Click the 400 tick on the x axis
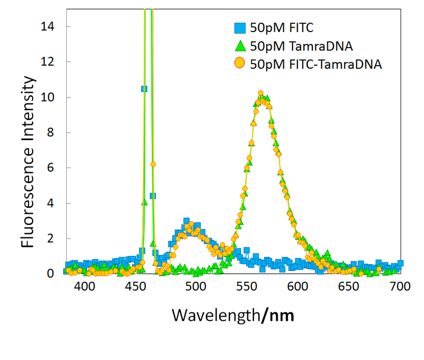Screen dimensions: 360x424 pos(85,287)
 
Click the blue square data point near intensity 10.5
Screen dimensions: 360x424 pos(144,89)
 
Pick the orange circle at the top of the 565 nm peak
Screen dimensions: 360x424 pos(260,93)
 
